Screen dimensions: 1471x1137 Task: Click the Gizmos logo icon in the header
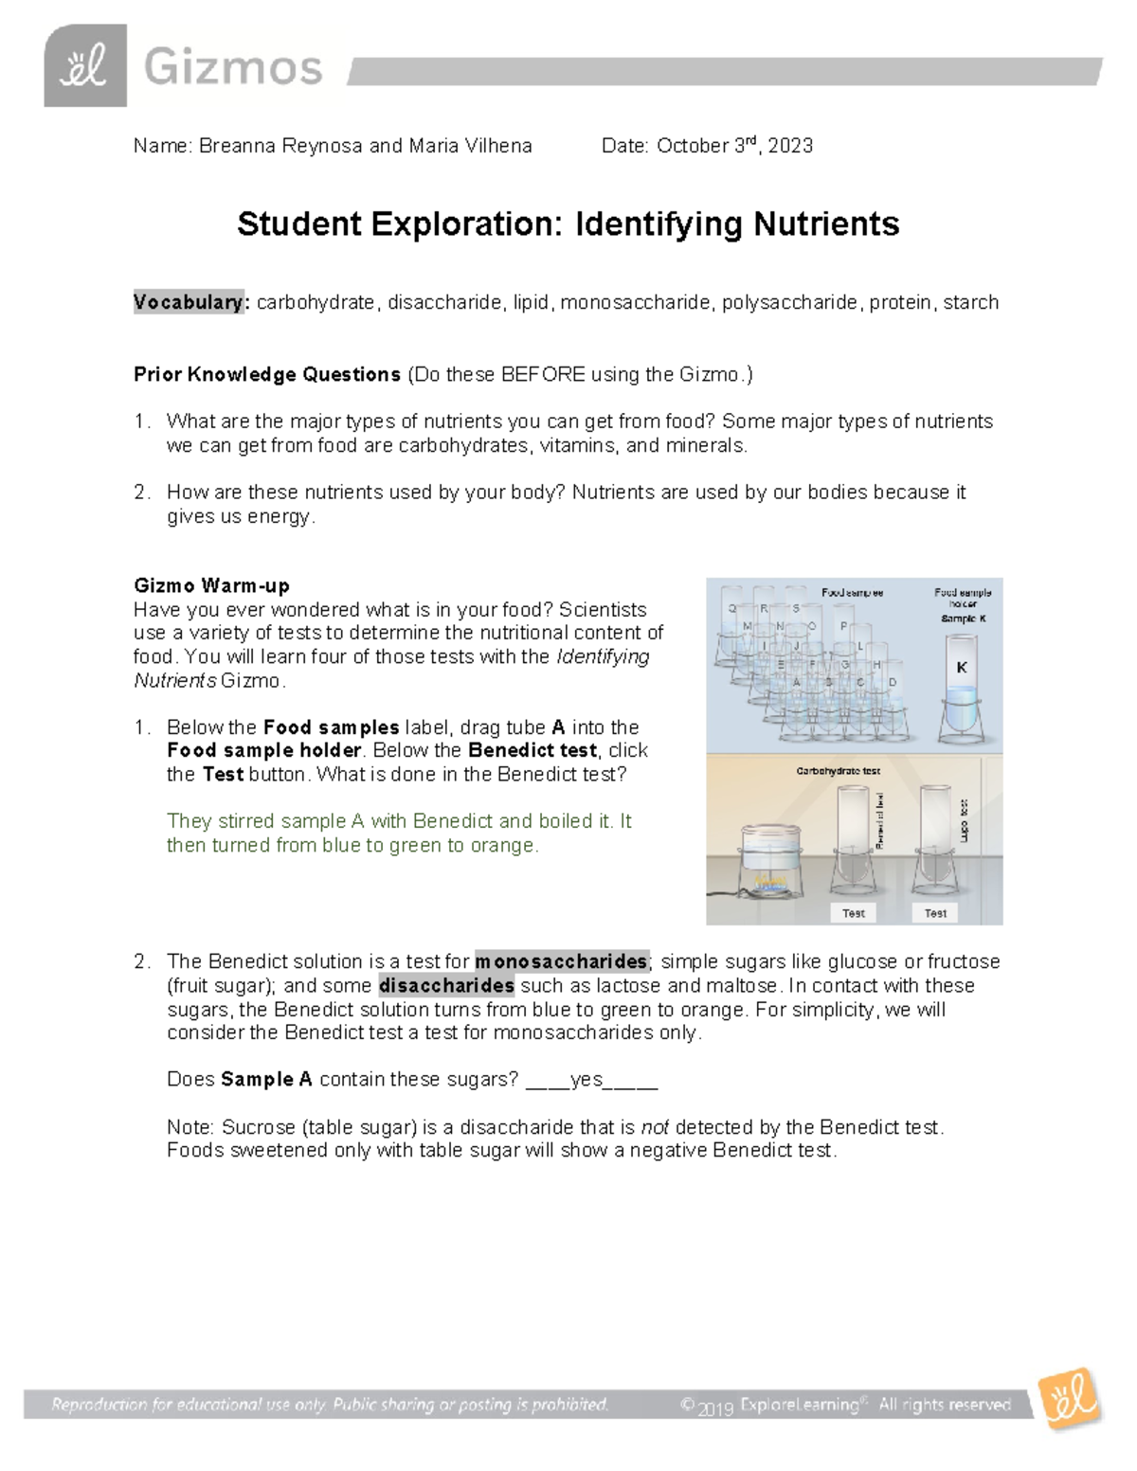[84, 65]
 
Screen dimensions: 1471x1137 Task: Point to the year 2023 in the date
[790, 146]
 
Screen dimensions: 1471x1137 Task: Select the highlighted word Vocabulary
[189, 302]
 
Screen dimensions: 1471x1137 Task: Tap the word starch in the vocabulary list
[970, 302]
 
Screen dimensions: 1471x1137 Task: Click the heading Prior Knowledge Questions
[267, 374]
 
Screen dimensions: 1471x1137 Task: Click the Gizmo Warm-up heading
[211, 585]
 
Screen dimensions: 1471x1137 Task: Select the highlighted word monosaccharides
[561, 961]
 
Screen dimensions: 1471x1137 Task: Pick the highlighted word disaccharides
[446, 985]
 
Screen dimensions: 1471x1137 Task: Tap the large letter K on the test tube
[962, 668]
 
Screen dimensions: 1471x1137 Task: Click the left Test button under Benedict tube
[853, 913]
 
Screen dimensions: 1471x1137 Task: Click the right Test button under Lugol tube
[935, 913]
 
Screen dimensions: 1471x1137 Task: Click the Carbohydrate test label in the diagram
[839, 771]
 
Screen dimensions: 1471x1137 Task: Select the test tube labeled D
[892, 683]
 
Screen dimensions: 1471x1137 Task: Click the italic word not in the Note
[655, 1127]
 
